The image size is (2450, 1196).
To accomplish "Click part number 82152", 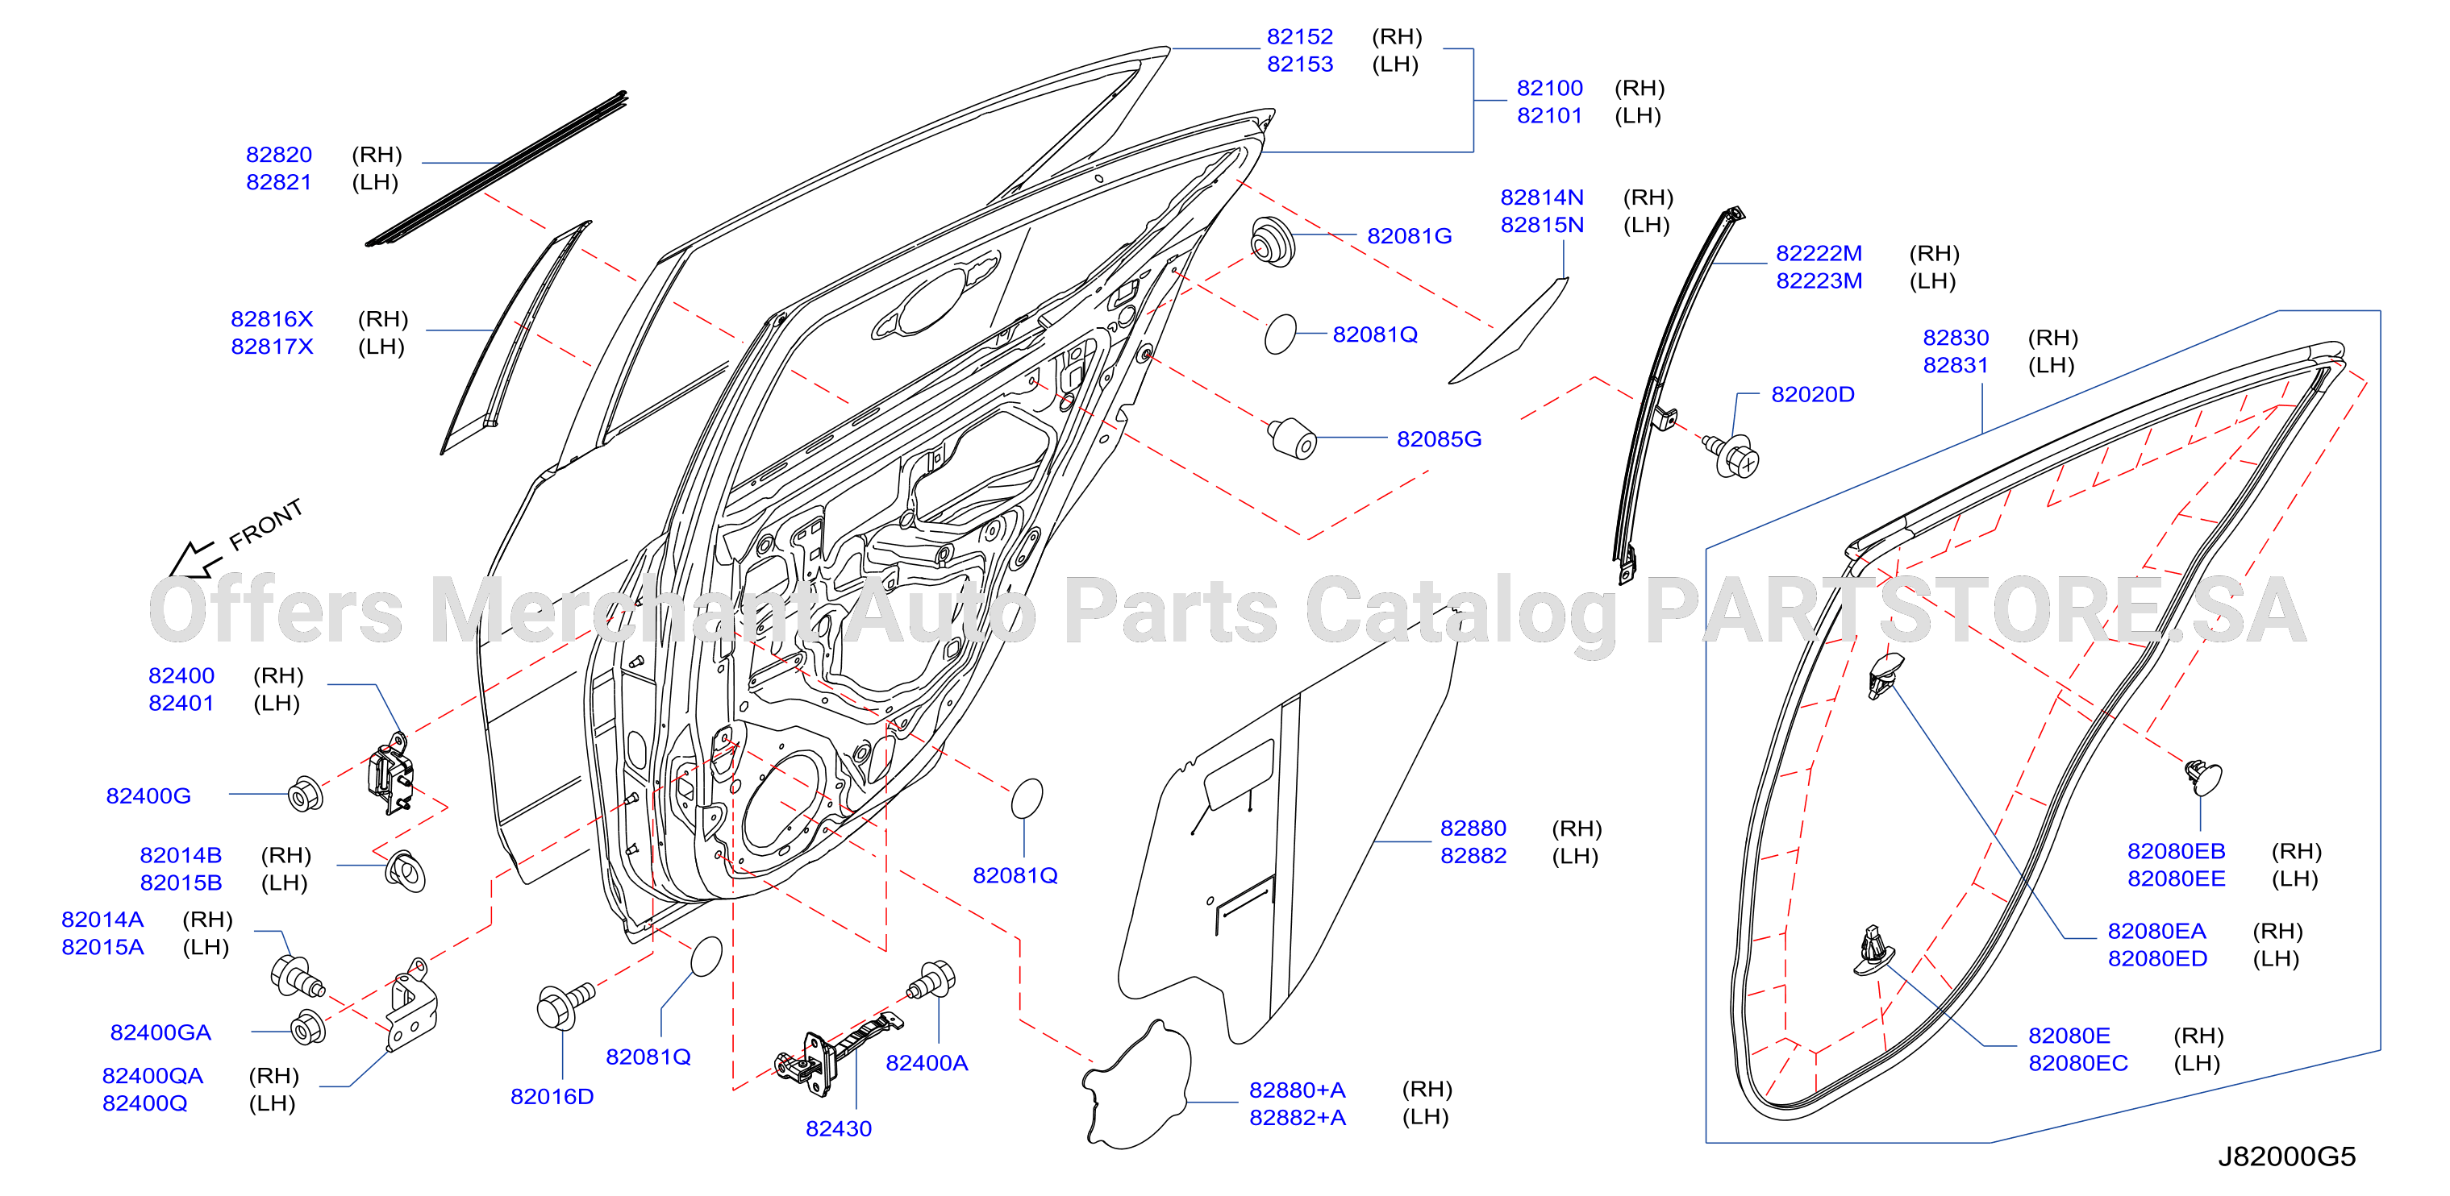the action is pos(1299,37).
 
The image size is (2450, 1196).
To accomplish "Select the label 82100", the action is pos(1549,89).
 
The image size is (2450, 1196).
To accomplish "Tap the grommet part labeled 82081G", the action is pos(1273,242).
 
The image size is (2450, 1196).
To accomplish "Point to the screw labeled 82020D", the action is pos(1732,455).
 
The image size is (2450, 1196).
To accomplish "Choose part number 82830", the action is pos(1956,338).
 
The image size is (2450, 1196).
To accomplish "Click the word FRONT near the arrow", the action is pos(266,525).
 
